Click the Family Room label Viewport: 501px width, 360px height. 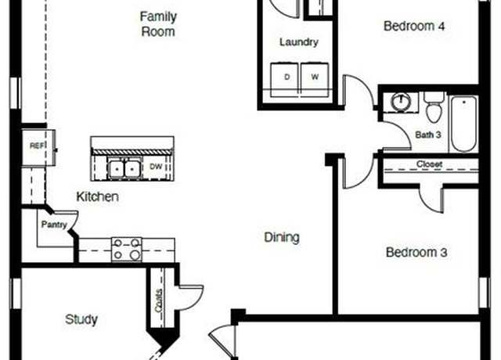point(158,24)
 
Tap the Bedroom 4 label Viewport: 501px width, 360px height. point(414,26)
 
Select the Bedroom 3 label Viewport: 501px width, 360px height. point(416,252)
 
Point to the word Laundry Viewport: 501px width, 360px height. point(299,42)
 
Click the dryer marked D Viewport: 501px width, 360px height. point(284,80)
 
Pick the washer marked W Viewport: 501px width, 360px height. point(315,80)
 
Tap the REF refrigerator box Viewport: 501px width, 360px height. point(38,148)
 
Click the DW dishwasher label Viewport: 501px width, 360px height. point(156,167)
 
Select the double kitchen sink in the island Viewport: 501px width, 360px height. point(124,168)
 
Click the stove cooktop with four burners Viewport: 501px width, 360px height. point(127,250)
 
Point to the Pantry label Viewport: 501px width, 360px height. point(54,225)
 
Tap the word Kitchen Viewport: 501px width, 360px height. point(97,196)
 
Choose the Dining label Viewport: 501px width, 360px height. point(282,238)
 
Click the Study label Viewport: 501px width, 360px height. point(81,319)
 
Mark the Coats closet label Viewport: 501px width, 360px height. point(158,301)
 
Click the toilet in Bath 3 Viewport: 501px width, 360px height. point(434,107)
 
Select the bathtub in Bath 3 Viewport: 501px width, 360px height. point(463,124)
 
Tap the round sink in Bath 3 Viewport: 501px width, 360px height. point(401,102)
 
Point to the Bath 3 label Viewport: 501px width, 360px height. point(428,135)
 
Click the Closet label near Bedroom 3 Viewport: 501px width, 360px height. point(429,164)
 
